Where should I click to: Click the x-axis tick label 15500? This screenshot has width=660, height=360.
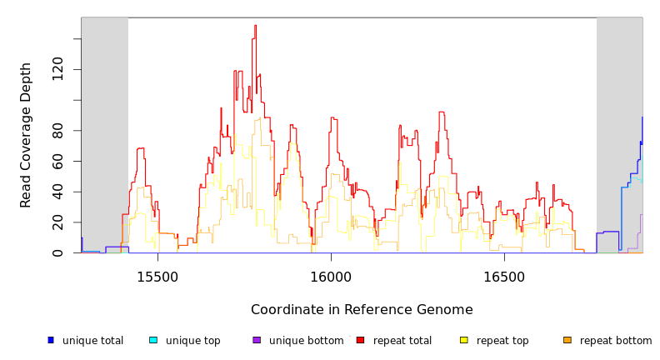157,277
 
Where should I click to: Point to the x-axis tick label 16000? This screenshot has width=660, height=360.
331,277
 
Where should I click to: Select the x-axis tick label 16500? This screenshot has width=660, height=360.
504,277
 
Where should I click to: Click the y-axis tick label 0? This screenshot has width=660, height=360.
57,253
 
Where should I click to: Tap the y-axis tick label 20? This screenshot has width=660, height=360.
57,222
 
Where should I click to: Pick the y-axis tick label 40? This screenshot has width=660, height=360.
57,192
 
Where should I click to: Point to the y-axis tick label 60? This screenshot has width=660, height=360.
57,161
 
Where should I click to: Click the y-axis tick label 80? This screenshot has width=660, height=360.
57,131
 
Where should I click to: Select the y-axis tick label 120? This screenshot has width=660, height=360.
57,69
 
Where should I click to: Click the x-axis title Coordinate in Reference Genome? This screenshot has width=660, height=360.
362,310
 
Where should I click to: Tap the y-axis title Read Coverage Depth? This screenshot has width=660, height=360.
26,134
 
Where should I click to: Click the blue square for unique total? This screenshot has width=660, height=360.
51,340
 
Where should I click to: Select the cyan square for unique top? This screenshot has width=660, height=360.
153,340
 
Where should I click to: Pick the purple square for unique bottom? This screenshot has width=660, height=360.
257,340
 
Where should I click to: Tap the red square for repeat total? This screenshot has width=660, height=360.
360,340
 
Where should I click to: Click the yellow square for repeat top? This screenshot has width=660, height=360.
464,340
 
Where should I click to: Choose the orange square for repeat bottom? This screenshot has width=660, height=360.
567,340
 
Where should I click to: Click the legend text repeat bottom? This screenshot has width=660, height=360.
616,341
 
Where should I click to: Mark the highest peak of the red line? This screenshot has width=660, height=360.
255,26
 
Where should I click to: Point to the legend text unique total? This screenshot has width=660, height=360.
92,341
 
